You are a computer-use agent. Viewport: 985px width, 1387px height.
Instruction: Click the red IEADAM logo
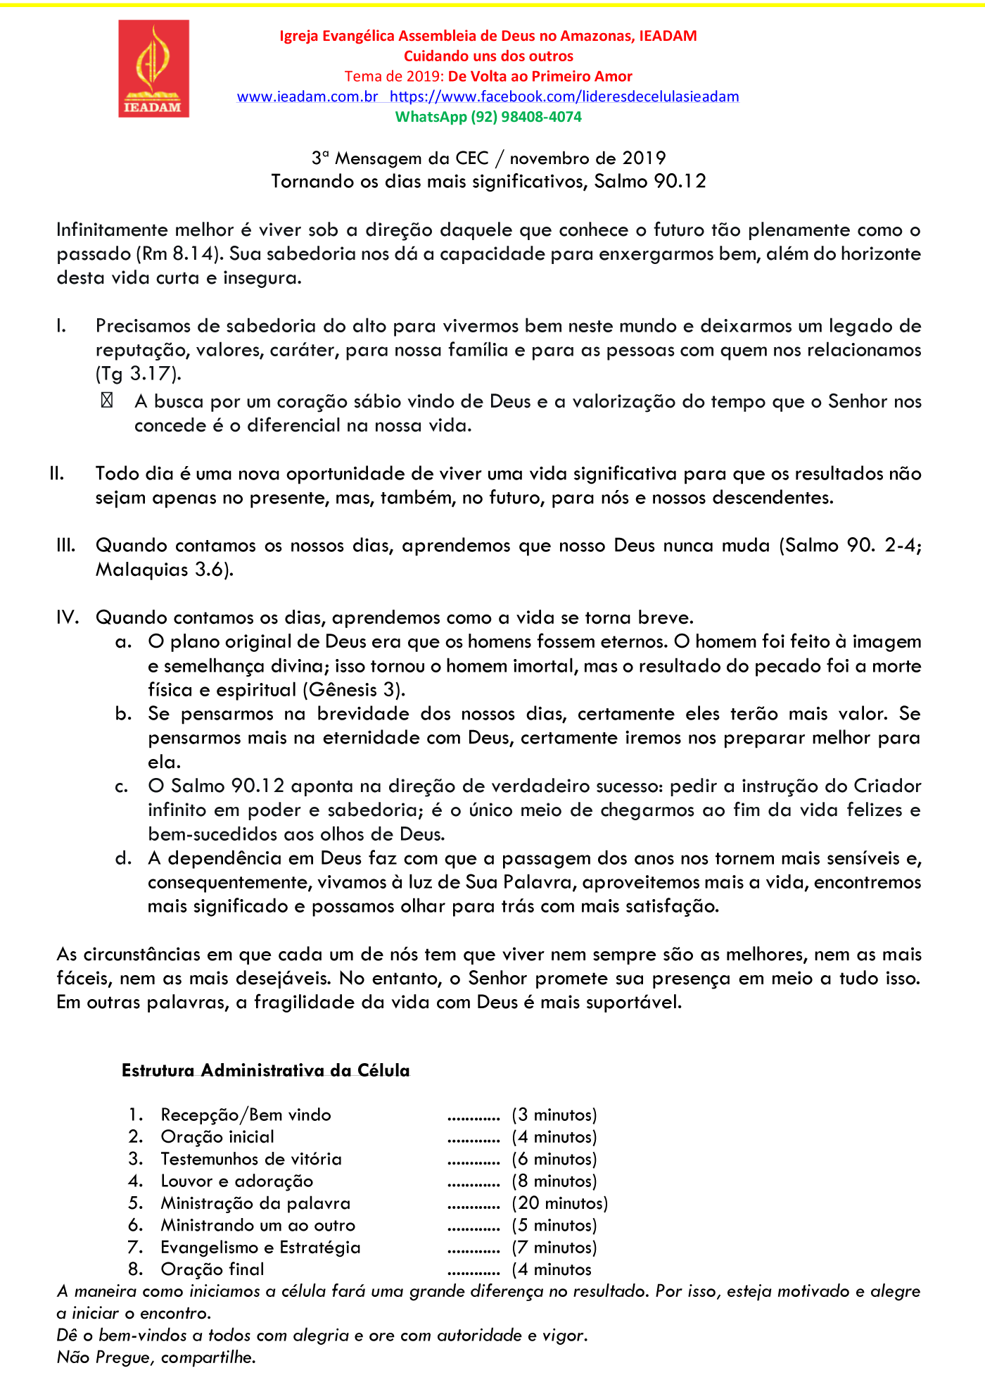pos(153,68)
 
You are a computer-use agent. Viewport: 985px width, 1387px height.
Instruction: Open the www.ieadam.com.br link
pos(307,96)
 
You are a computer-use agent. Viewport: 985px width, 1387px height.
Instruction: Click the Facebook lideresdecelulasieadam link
pos(564,96)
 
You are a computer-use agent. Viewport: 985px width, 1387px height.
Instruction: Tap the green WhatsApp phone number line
pos(488,117)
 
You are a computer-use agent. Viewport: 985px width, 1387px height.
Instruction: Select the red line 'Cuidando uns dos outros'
pos(488,56)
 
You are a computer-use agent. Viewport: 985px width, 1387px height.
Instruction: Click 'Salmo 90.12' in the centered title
pos(650,182)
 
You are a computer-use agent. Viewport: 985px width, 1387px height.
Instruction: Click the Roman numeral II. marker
pos(57,474)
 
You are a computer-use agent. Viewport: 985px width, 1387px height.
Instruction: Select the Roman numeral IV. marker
pos(67,617)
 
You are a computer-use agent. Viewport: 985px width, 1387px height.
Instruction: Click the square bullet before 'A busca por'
pos(107,401)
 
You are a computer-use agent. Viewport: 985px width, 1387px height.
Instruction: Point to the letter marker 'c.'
pos(123,786)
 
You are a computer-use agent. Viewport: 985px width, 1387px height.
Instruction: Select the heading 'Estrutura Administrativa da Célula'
pos(265,1071)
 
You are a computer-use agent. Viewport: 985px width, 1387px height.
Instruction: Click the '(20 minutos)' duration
pos(560,1203)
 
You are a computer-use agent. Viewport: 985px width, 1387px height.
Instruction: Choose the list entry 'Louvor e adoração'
pos(237,1181)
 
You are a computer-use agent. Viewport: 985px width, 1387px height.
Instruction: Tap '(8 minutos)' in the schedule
pos(554,1181)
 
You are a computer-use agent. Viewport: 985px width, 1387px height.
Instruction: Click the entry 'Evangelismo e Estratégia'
pos(260,1248)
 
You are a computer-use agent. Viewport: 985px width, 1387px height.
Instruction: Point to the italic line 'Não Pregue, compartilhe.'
pos(156,1357)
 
